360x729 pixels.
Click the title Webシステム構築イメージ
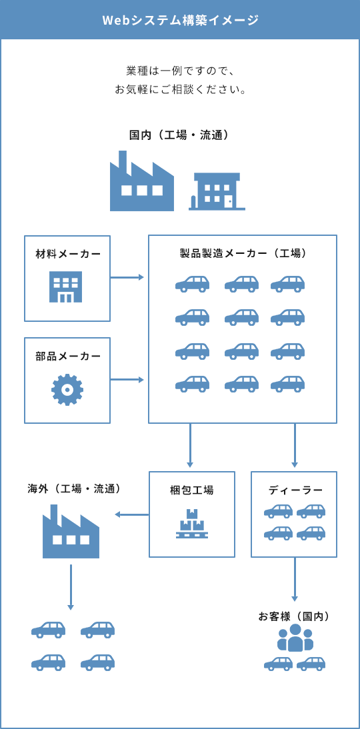(180, 20)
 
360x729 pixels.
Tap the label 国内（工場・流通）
(180, 135)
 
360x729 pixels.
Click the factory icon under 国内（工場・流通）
(141, 183)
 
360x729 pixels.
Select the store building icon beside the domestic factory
(217, 191)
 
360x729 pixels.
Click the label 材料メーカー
(67, 254)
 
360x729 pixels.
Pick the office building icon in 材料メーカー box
(66, 287)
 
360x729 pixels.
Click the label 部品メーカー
(67, 356)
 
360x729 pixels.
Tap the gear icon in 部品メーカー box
(67, 390)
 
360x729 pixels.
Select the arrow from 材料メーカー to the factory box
(127, 277)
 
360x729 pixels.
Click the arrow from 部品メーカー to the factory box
(127, 380)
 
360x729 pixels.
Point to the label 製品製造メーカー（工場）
(243, 253)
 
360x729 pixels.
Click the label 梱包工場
(192, 490)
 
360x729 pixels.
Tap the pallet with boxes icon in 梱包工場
(191, 524)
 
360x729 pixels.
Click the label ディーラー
(295, 490)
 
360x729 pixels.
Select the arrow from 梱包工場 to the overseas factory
(131, 514)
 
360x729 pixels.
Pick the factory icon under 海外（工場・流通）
(71, 532)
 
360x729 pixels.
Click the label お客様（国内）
(294, 616)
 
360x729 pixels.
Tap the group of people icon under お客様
(295, 638)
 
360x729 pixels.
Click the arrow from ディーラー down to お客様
(295, 580)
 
